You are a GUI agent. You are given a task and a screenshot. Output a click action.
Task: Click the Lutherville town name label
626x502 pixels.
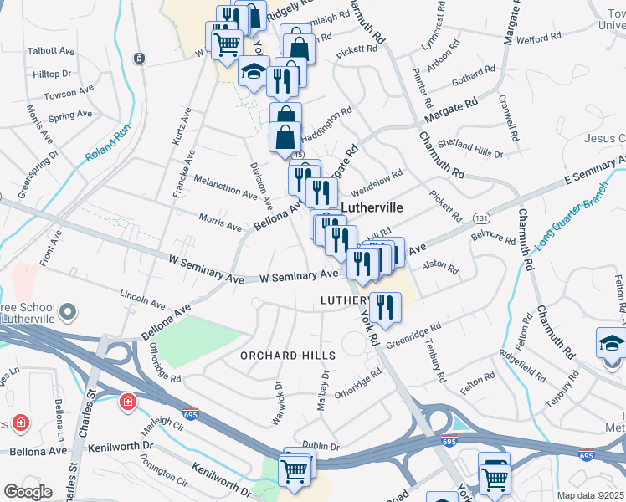coord(372,207)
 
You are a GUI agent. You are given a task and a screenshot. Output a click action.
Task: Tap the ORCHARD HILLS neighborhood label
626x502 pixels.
coord(288,356)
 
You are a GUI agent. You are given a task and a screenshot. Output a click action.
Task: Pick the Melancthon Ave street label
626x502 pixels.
coord(226,188)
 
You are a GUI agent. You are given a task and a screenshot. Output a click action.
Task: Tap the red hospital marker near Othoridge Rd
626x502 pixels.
coord(128,403)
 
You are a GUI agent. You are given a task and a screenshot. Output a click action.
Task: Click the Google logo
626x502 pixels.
coord(28,492)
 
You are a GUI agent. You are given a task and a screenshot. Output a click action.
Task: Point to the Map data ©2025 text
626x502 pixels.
coord(590,495)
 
